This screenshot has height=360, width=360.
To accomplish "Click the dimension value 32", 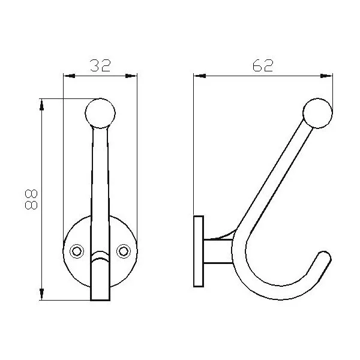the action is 100,65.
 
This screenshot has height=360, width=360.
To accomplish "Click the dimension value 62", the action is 263,65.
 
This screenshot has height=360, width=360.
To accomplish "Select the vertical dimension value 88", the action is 31,199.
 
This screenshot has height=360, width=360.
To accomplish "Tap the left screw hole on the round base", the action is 77,251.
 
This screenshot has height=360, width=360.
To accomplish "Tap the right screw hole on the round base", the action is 124,251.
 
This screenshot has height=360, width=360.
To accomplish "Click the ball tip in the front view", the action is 100,113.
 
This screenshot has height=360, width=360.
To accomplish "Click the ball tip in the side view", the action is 317,113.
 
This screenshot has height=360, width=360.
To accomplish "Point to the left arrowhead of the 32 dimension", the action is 69,76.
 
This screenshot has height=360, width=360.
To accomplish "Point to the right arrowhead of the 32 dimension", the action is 131,76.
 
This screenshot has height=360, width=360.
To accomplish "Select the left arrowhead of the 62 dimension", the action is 200,76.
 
